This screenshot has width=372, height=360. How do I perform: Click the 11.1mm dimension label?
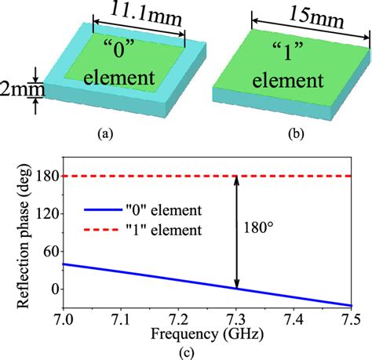click(x=141, y=13)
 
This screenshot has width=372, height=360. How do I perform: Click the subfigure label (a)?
click(x=102, y=134)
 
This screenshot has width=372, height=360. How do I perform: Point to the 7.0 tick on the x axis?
click(x=64, y=320)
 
